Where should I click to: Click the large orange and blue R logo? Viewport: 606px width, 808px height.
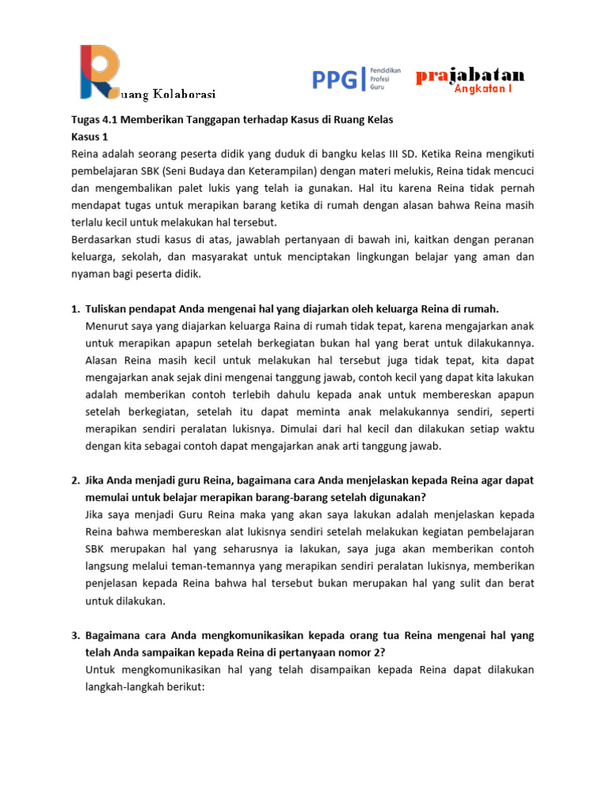98,71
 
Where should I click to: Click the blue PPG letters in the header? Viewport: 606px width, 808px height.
335,79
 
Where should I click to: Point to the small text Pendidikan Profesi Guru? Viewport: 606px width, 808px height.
385,80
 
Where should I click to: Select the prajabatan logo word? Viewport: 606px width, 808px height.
469,75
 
